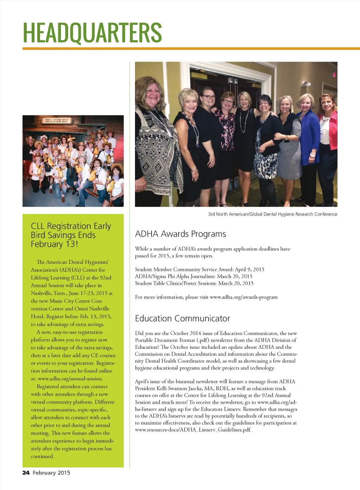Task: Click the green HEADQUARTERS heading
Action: pyautogui.click(x=92, y=32)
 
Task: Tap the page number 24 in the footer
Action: pyautogui.click(x=26, y=473)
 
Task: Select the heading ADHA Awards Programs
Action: pyautogui.click(x=180, y=234)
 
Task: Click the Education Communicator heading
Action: pyautogui.click(x=182, y=319)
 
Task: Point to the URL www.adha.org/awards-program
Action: pyautogui.click(x=244, y=297)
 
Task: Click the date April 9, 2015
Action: pyautogui.click(x=250, y=269)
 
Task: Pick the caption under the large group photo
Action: pyautogui.click(x=272, y=214)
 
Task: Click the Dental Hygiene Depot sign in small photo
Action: pyautogui.click(x=57, y=121)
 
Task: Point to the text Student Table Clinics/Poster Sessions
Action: pyautogui.click(x=175, y=283)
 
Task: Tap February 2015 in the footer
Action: pyautogui.click(x=51, y=473)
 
